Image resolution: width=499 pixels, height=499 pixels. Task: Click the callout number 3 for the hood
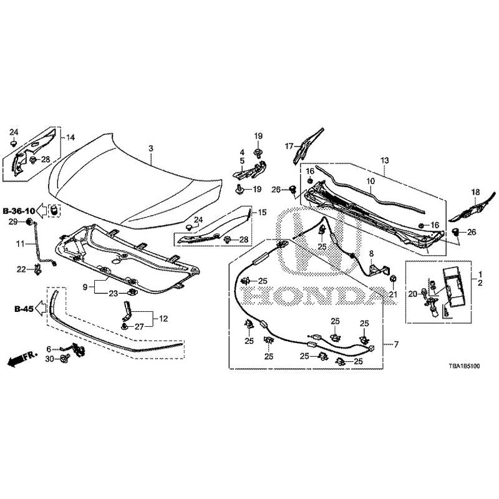[150, 148]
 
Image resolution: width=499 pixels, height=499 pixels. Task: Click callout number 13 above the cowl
[385, 160]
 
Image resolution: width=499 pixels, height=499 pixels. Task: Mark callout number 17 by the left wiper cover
[289, 147]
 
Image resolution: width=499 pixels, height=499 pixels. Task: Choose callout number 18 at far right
[476, 192]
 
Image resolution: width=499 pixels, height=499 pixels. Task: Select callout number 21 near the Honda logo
[393, 294]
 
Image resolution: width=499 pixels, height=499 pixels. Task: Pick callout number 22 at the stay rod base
[21, 269]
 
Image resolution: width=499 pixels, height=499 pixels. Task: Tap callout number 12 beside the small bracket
[163, 318]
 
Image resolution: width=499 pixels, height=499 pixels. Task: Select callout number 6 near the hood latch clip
[49, 348]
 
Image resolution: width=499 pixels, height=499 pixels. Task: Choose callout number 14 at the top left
[70, 137]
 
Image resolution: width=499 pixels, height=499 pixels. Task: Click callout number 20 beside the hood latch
[412, 294]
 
